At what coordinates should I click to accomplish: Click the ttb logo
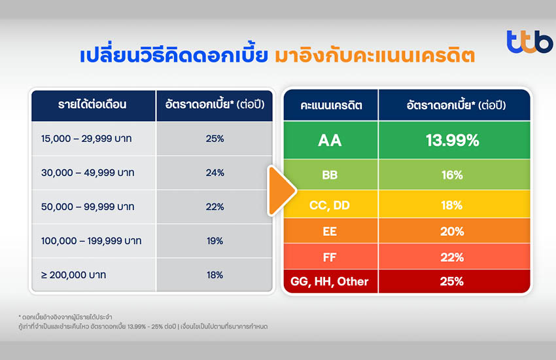[529, 42]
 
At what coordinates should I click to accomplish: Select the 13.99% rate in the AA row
[453, 141]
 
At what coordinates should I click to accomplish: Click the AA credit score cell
[330, 140]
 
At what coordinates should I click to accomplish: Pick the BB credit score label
[330, 175]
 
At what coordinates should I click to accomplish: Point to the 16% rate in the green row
[452, 175]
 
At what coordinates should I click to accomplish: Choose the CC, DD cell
[330, 204]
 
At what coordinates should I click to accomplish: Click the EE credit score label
[330, 231]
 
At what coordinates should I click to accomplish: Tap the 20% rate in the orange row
[452, 231]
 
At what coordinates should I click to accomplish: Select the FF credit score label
[330, 257]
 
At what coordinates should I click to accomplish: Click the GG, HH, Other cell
[330, 281]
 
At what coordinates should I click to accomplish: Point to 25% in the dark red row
[452, 281]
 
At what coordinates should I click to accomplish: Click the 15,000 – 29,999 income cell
[94, 139]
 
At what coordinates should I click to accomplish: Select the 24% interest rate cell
[215, 173]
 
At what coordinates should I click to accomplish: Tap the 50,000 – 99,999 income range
[88, 207]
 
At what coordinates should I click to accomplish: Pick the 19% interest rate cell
[215, 241]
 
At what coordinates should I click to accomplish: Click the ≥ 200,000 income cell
[94, 275]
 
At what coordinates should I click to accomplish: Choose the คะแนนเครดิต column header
[331, 105]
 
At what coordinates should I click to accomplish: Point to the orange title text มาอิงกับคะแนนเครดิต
[375, 56]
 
